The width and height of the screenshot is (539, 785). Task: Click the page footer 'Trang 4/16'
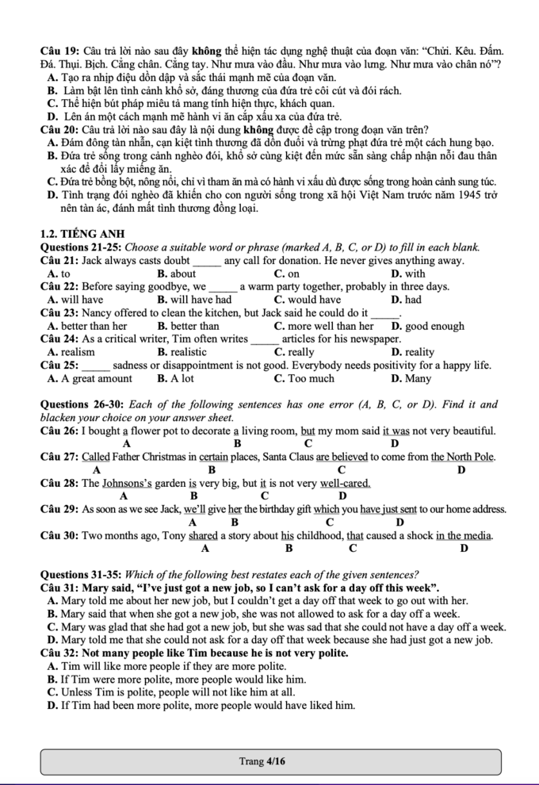point(262,761)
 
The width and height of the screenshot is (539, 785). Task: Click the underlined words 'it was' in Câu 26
point(396,431)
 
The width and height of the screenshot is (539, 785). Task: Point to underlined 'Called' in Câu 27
point(95,458)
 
